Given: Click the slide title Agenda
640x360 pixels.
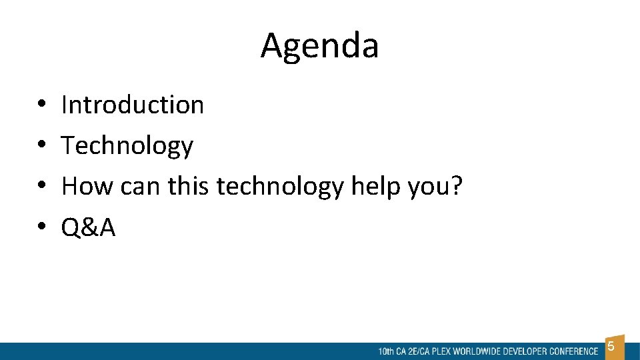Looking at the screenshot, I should [319, 46].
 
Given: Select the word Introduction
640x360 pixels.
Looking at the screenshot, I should [133, 105].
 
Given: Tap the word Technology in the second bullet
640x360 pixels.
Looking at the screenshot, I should [127, 146].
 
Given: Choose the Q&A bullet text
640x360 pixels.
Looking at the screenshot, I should [88, 228].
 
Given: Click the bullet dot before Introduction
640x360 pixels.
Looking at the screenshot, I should [41, 105].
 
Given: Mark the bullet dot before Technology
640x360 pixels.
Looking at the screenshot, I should [41, 146].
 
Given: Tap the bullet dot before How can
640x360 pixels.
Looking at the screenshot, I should [41, 187].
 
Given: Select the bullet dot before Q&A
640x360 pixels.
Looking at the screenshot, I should [41, 228].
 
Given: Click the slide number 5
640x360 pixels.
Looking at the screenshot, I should [611, 347].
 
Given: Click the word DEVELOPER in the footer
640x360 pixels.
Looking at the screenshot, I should [523, 351].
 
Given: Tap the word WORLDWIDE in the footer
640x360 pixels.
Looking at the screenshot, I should [475, 351].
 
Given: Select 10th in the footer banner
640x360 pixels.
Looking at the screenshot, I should [385, 351].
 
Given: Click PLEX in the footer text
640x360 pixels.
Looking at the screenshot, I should [441, 351].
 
